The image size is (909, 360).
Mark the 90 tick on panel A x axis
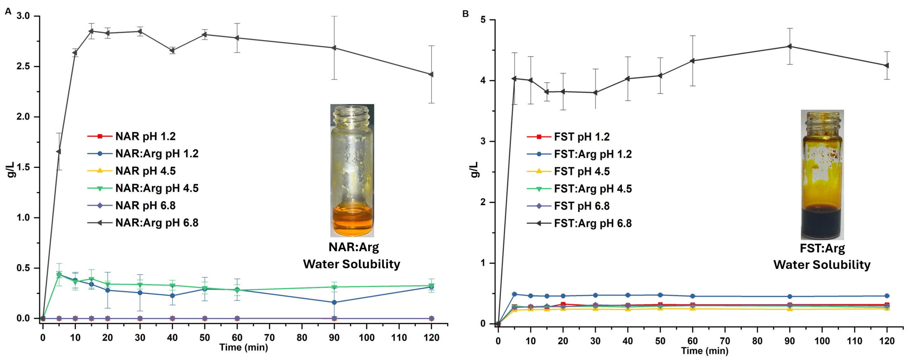334,338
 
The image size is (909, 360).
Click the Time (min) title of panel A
244,347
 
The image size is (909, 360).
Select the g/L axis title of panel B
475,169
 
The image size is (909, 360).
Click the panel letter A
8,12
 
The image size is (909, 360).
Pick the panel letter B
465,14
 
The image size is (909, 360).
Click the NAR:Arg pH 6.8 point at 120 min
431,74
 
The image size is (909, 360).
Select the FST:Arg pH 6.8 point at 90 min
790,46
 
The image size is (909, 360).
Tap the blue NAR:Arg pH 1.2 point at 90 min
334,302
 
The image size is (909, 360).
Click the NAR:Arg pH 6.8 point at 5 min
59,152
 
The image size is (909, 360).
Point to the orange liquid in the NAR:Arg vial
352,221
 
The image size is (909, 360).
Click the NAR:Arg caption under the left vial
354,247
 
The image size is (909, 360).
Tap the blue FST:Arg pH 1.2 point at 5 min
515,294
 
